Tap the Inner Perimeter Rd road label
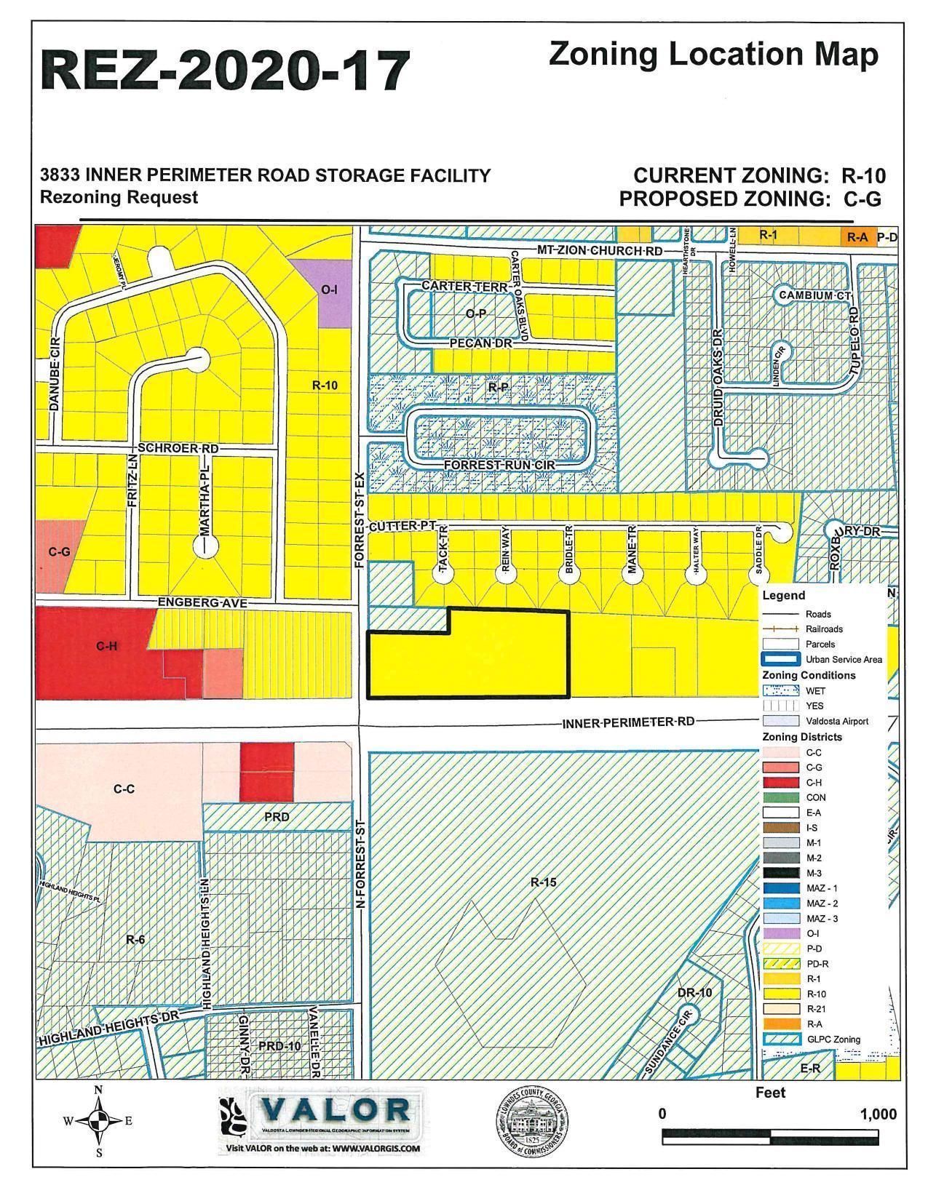tap(627, 722)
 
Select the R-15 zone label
tap(543, 883)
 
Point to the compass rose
tap(98, 1121)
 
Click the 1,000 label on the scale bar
tap(878, 1114)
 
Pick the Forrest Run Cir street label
tap(499, 464)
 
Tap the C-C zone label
tap(124, 789)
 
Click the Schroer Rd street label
tap(176, 448)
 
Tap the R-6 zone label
tap(135, 939)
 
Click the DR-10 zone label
tap(694, 992)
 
